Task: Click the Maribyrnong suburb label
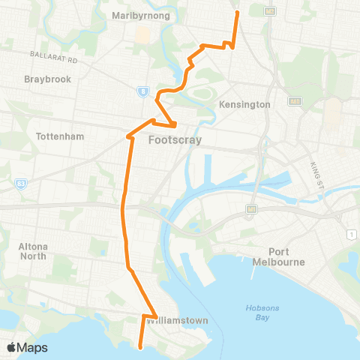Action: pos(140,15)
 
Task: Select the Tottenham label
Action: pos(60,136)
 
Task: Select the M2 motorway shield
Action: pos(271,10)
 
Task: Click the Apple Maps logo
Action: pos(27,347)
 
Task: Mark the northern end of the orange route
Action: pos(237,12)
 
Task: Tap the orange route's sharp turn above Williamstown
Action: pos(156,315)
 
